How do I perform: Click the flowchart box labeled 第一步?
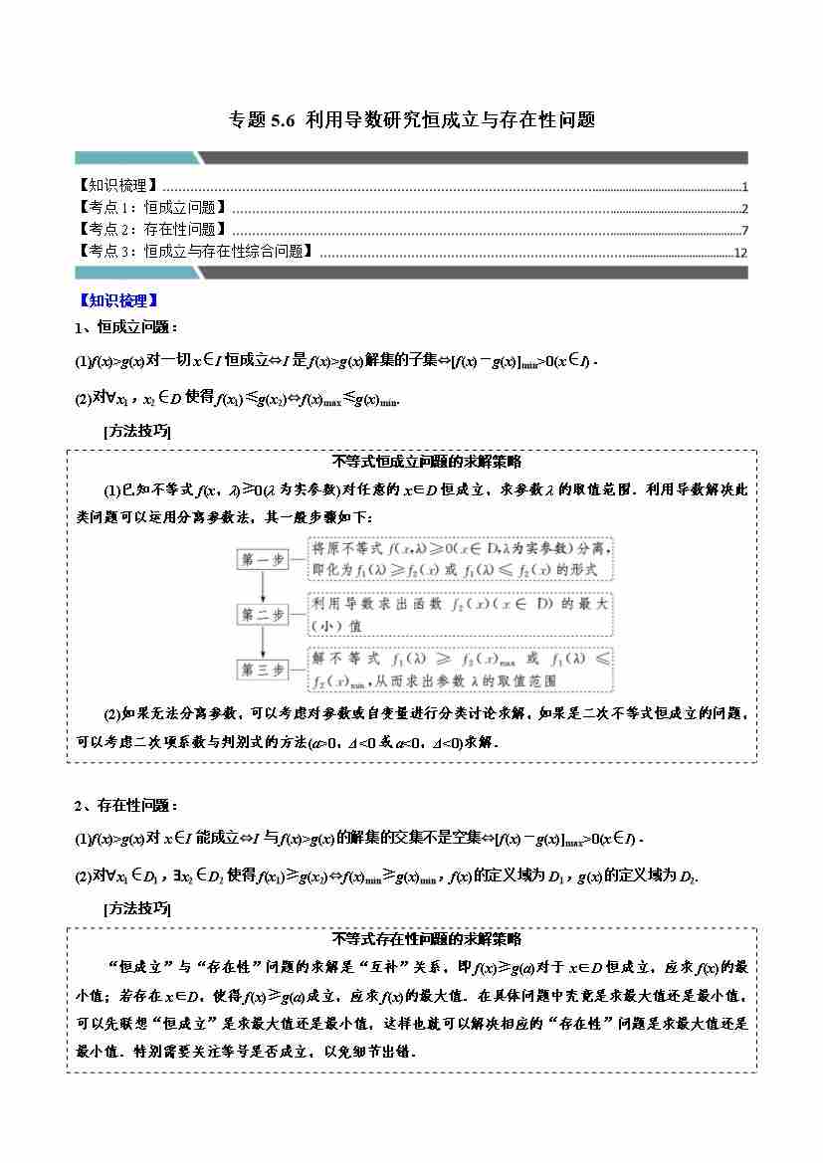[263, 560]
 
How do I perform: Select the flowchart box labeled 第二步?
[263, 615]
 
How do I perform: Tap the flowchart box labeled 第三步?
[263, 670]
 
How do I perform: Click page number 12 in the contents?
[739, 253]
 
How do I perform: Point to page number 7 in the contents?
[743, 231]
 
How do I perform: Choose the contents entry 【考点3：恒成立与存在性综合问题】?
[195, 252]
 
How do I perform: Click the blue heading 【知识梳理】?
[118, 299]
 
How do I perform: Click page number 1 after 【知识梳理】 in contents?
[744, 187]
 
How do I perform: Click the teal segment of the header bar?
[135, 157]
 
